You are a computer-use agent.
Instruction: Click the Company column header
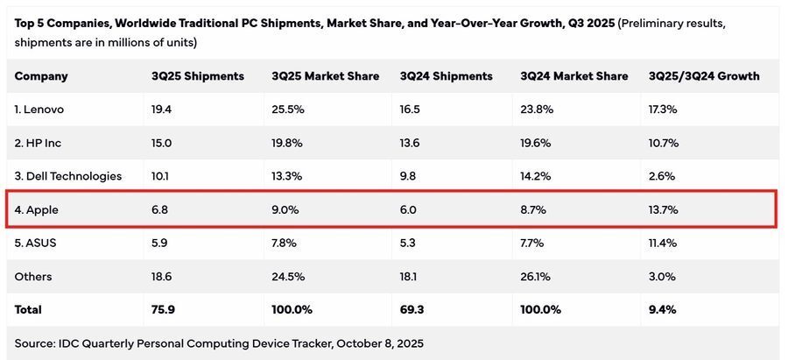[x=41, y=76]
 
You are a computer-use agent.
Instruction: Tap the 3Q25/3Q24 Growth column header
[x=704, y=76]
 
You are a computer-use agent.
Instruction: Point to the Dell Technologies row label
[x=68, y=176]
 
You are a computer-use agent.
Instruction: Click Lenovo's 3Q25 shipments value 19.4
[x=162, y=109]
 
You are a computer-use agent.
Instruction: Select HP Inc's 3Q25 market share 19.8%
[x=288, y=143]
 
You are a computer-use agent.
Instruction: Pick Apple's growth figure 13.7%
[x=663, y=209]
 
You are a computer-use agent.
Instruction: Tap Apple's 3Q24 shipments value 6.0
[x=409, y=209]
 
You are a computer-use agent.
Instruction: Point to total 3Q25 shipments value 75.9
[x=164, y=309]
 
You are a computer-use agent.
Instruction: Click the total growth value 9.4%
[x=662, y=309]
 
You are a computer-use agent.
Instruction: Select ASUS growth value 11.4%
[x=663, y=243]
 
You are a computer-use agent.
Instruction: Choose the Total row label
[x=28, y=309]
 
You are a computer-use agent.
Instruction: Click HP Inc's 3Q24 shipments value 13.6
[x=410, y=143]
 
